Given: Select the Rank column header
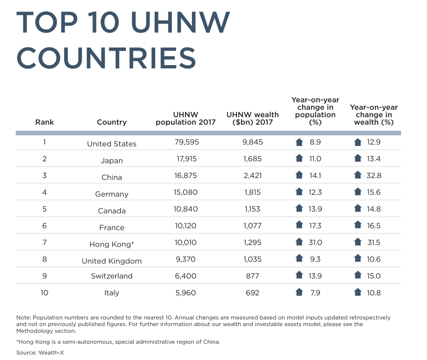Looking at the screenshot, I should pyautogui.click(x=45, y=122).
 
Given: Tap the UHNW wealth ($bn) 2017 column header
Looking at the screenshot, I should pyautogui.click(x=252, y=118).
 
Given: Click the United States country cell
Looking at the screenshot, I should pyautogui.click(x=112, y=144).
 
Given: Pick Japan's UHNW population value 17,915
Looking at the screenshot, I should pyautogui.click(x=184, y=159).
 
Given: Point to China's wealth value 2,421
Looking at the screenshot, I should pyautogui.click(x=252, y=175).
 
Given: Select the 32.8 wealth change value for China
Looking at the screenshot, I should pyautogui.click(x=374, y=175).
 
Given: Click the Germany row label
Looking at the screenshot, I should pyautogui.click(x=112, y=194).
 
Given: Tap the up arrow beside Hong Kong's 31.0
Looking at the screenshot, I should pyautogui.click(x=300, y=242).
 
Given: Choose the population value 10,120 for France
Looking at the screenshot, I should pyautogui.click(x=184, y=226).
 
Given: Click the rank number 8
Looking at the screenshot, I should pyautogui.click(x=45, y=259).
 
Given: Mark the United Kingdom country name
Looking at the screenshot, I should pyautogui.click(x=112, y=261).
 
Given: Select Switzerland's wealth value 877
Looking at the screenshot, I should pyautogui.click(x=252, y=276).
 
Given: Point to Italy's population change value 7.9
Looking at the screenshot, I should pyautogui.click(x=315, y=293).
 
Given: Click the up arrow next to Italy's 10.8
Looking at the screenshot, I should pyautogui.click(x=358, y=292).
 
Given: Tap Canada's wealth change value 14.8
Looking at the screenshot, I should pyautogui.click(x=374, y=209).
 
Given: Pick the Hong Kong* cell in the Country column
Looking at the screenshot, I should pyautogui.click(x=112, y=244).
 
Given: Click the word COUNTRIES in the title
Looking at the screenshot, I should pyautogui.click(x=106, y=58).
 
